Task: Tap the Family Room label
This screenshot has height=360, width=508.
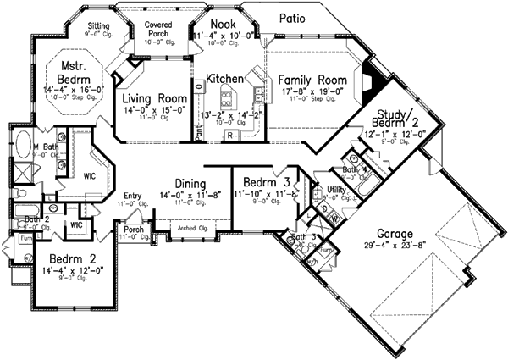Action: pyautogui.click(x=310, y=79)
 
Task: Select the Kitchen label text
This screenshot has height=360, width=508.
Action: pyautogui.click(x=226, y=78)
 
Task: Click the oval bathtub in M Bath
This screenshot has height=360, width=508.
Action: pyautogui.click(x=23, y=143)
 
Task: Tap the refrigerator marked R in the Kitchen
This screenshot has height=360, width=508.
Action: pyautogui.click(x=229, y=135)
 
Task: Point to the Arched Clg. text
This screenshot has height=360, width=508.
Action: pyautogui.click(x=195, y=226)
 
